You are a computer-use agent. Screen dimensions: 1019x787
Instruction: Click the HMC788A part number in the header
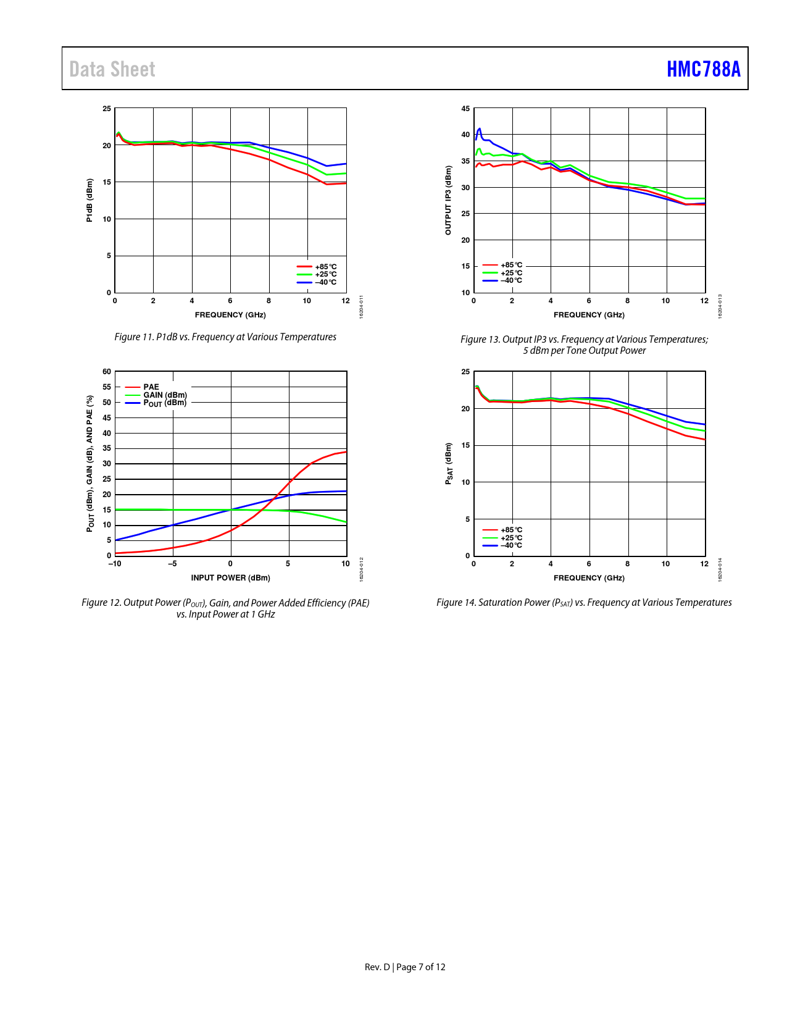click(x=703, y=69)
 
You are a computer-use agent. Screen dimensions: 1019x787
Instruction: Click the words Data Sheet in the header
click(x=112, y=69)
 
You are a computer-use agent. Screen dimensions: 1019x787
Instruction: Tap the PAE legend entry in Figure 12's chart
click(x=151, y=387)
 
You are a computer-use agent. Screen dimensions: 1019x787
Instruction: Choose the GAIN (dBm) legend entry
click(x=165, y=395)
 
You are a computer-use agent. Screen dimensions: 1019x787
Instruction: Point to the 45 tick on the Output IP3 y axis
click(x=465, y=109)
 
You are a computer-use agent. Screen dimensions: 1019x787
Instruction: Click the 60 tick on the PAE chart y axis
click(x=107, y=372)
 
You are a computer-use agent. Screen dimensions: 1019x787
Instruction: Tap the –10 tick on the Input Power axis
click(x=115, y=563)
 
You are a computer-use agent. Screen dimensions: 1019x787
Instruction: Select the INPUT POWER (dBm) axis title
click(x=230, y=578)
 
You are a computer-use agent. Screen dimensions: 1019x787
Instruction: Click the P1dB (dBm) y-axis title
click(x=90, y=200)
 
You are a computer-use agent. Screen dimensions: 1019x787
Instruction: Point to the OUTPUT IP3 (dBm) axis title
click(x=448, y=200)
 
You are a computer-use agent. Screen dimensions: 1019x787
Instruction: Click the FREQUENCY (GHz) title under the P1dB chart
click(x=230, y=315)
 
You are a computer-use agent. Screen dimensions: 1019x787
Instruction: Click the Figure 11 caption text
click(x=225, y=337)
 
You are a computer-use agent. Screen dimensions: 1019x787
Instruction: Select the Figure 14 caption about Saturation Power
click(x=584, y=602)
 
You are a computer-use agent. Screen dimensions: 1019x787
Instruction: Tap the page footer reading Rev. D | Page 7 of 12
click(x=405, y=967)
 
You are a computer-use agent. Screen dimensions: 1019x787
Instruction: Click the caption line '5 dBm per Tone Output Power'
click(x=584, y=351)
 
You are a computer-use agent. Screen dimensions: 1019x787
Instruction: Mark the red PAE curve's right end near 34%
click(x=344, y=452)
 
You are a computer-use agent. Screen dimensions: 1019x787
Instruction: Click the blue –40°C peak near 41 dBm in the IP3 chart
click(x=480, y=128)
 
